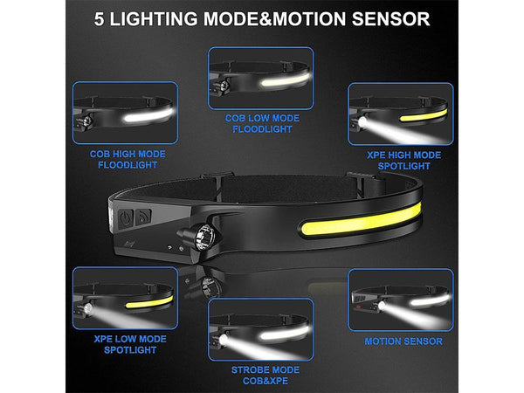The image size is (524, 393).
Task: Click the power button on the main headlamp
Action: (x=126, y=219)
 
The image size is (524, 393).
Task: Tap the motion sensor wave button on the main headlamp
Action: (x=143, y=217)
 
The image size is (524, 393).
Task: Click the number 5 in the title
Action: (x=99, y=19)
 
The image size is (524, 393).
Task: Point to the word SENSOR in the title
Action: (x=390, y=19)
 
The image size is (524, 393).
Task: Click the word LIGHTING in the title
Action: (x=154, y=19)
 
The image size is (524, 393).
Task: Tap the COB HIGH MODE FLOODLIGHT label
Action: (x=128, y=160)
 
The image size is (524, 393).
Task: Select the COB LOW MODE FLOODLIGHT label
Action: (x=262, y=123)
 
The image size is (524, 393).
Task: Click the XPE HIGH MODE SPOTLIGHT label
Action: (x=404, y=161)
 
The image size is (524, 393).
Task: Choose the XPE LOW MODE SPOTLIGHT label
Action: (x=130, y=344)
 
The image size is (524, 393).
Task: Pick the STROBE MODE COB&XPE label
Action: (x=265, y=376)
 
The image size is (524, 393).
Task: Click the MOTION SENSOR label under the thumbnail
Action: (x=403, y=341)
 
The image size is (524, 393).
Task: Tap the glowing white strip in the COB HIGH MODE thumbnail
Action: (x=148, y=115)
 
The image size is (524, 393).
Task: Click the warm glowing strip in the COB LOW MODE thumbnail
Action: (x=286, y=80)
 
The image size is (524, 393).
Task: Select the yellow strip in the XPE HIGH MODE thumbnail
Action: (x=424, y=115)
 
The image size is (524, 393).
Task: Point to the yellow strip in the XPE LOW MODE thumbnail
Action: (x=149, y=302)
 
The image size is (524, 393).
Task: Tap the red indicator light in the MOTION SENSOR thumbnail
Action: (x=358, y=307)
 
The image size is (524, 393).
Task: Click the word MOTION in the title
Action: (x=309, y=19)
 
